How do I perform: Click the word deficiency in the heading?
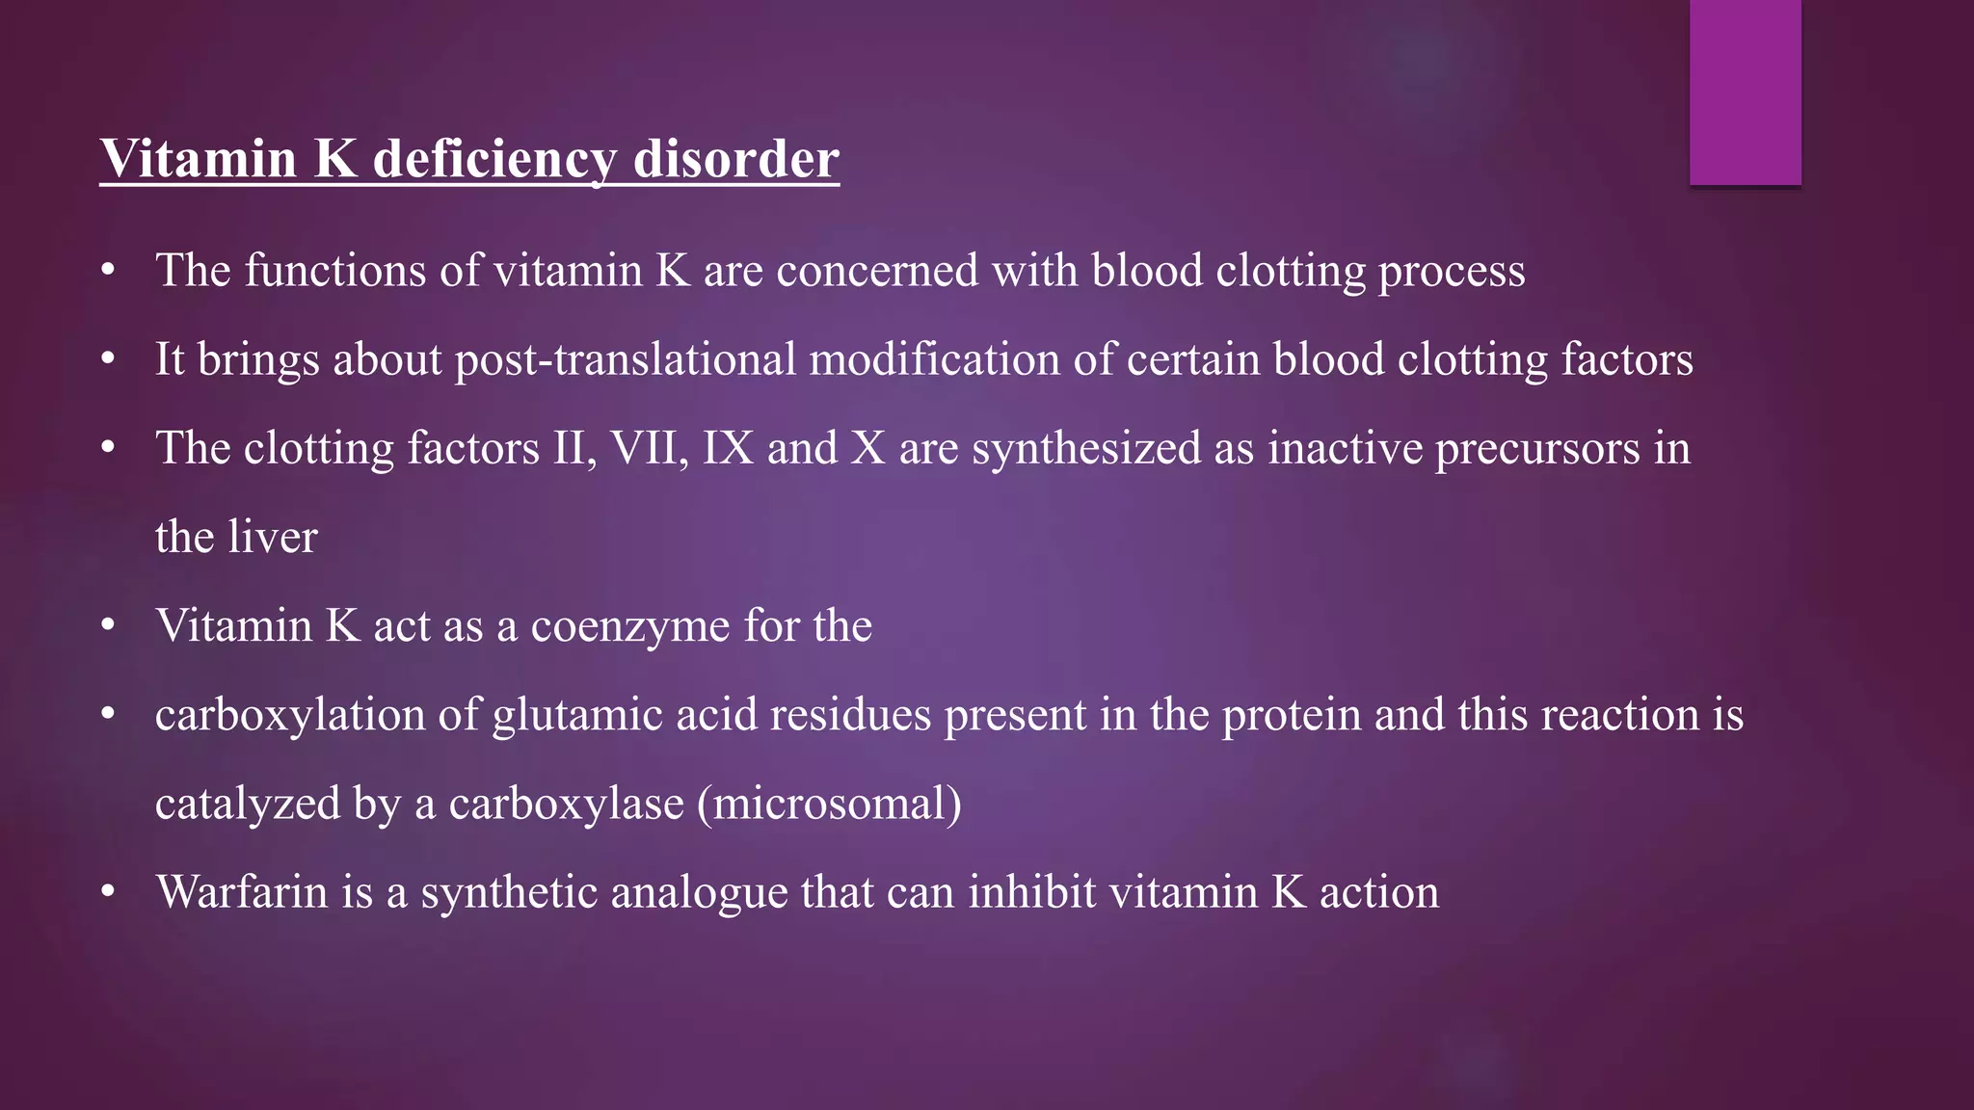tap(494, 159)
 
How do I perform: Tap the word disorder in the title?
tap(736, 159)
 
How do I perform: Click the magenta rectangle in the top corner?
tap(1745, 92)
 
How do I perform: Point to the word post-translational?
tap(626, 359)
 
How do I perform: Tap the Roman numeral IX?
tap(728, 448)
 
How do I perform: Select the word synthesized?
tap(1085, 449)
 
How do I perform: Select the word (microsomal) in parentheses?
tap(829, 804)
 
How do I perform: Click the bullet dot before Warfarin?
tap(108, 892)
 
